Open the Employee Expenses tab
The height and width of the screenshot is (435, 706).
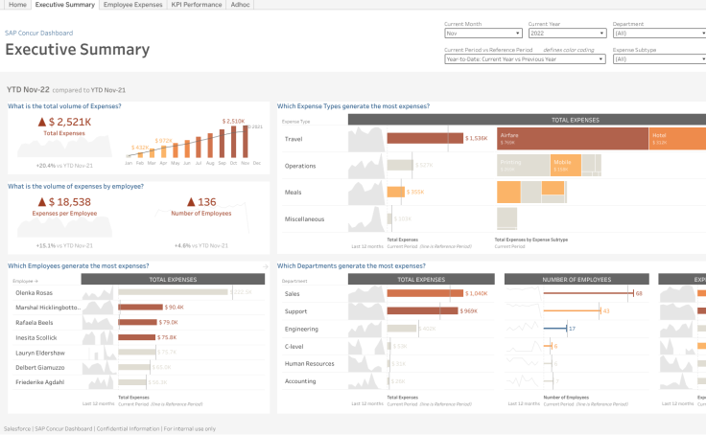133,5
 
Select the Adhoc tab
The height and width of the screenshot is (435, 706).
241,5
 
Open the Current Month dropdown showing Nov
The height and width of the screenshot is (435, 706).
482,34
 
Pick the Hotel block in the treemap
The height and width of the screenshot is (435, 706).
677,138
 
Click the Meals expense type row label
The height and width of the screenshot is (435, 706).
294,193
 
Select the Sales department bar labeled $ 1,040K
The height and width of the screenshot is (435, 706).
423,294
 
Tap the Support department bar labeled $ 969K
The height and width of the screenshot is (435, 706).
422,311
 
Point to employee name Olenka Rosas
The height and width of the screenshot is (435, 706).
35,293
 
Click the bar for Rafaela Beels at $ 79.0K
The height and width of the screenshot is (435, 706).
135,323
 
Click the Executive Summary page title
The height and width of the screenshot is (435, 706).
78,50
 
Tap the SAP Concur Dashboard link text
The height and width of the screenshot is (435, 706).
38,33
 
